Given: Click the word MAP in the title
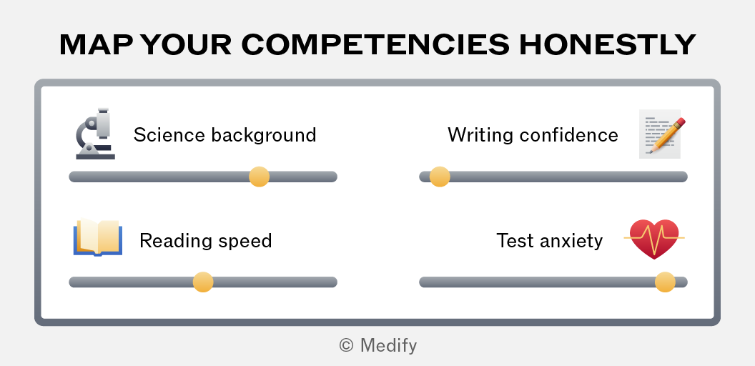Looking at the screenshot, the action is point(97,45).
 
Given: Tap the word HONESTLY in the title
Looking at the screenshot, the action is point(607,45).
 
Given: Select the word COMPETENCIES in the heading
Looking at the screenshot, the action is point(375,45).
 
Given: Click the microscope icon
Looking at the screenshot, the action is point(95,134).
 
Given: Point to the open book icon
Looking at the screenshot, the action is point(98,237).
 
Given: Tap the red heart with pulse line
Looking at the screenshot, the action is point(654,239).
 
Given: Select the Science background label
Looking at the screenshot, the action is point(225,135).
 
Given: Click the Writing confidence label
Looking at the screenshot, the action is point(533,135).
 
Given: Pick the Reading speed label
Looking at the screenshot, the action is point(206,241).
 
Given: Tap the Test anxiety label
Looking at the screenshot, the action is point(549,241).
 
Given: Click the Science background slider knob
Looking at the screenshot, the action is point(259,177).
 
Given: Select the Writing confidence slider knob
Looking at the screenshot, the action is point(440,177).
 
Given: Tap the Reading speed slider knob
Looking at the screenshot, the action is point(203,282).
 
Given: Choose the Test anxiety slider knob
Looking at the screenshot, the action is point(665,282).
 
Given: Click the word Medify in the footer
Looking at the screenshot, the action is point(388,345).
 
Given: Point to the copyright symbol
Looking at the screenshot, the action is point(346,345).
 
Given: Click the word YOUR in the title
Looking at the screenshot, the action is point(187,45).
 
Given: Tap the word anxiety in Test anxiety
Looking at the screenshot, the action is point(570,241).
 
